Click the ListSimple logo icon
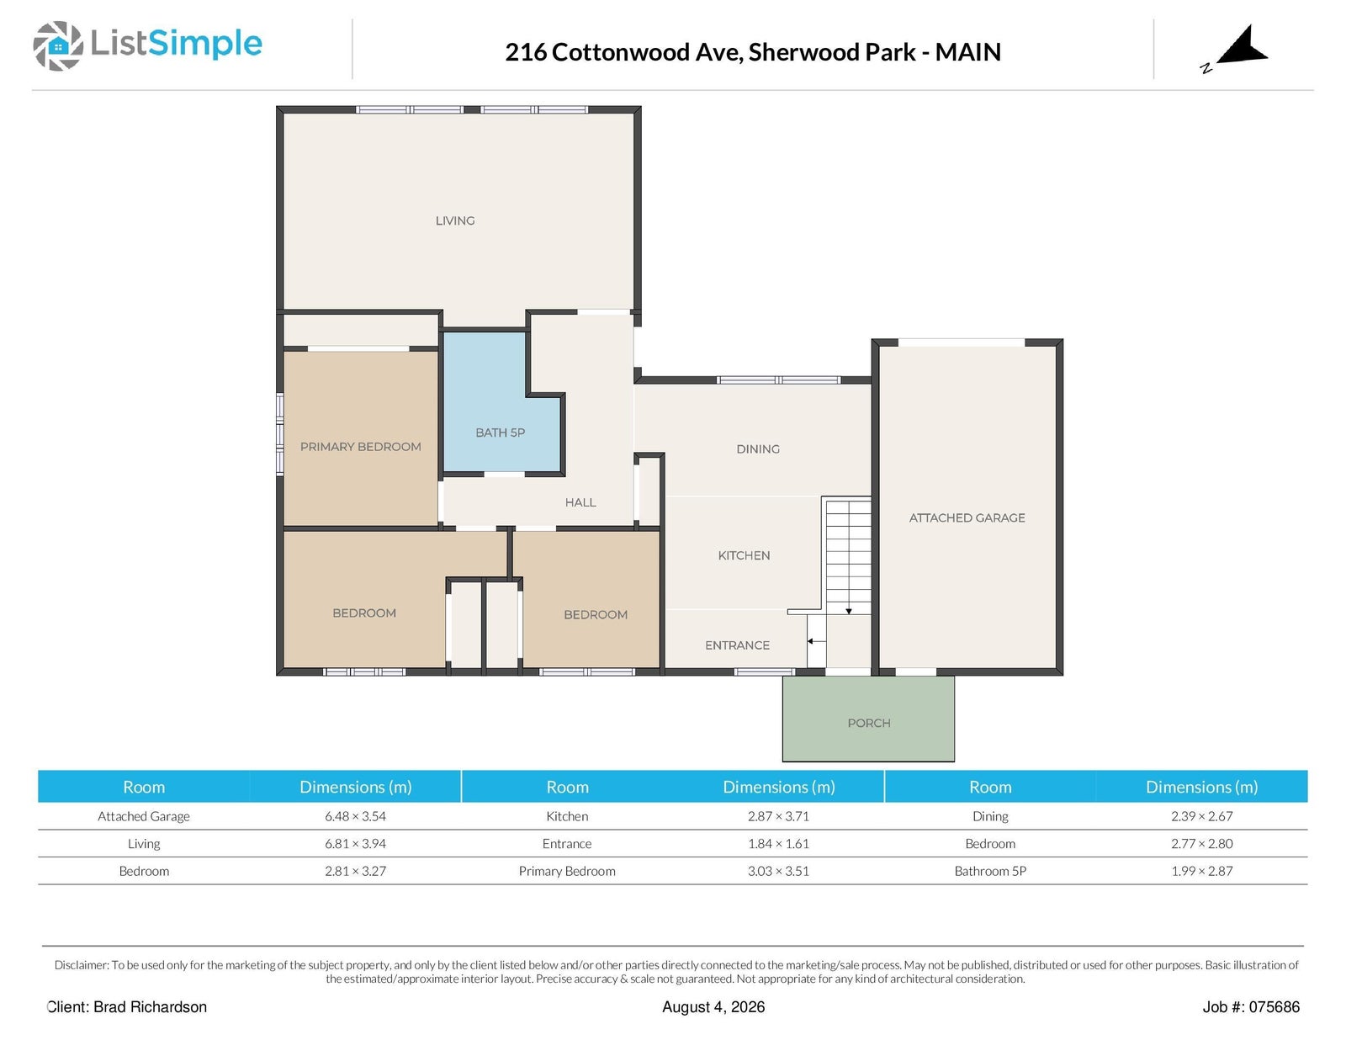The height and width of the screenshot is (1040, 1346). pyautogui.click(x=57, y=45)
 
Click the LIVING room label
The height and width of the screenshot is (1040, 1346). pyautogui.click(x=454, y=220)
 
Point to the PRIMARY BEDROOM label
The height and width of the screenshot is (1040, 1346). pyautogui.click(x=361, y=447)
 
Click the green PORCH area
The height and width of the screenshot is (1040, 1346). pyautogui.click(x=868, y=719)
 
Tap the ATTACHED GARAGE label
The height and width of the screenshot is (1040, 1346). pyautogui.click(x=967, y=517)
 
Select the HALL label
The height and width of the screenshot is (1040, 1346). pyautogui.click(x=580, y=502)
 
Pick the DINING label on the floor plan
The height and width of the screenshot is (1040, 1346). pyautogui.click(x=758, y=449)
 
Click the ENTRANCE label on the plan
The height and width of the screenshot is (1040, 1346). pyautogui.click(x=737, y=645)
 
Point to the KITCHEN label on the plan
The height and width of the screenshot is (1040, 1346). pyautogui.click(x=744, y=555)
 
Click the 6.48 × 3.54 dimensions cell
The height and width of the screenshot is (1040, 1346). pyautogui.click(x=355, y=816)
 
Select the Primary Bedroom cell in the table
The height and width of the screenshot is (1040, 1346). pyautogui.click(x=567, y=871)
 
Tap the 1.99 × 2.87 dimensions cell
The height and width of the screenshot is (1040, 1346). pyautogui.click(x=1201, y=871)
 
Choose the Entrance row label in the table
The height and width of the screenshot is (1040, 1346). pyautogui.click(x=567, y=844)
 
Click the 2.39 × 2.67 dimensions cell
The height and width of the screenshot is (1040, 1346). pyautogui.click(x=1201, y=816)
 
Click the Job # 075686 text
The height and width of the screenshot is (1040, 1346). pyautogui.click(x=1251, y=1007)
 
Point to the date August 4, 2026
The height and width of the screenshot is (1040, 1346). pyautogui.click(x=713, y=1007)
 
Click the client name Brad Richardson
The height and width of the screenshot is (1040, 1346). pyautogui.click(x=150, y=1007)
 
